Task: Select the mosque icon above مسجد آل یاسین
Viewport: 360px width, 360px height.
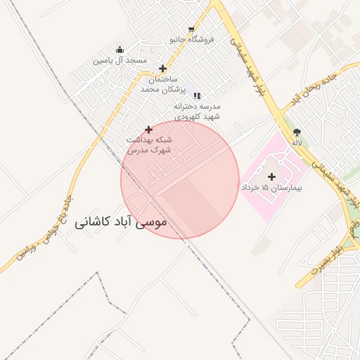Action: [120, 50]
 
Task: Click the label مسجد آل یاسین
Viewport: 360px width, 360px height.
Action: [120, 60]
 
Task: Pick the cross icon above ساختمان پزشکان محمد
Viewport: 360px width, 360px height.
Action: [163, 69]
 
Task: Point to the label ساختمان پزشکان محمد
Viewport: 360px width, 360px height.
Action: [161, 84]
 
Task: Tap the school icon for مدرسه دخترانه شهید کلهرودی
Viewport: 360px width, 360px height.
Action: [198, 95]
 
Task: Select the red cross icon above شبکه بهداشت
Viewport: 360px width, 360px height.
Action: [148, 129]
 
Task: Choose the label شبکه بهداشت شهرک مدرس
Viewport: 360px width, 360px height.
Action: [148, 145]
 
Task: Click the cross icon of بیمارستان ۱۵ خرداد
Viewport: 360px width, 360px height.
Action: [272, 176]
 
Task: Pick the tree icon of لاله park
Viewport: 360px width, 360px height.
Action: [297, 131]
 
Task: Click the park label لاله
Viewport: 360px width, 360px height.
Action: [297, 143]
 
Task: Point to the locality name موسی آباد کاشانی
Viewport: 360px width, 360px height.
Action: [120, 222]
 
